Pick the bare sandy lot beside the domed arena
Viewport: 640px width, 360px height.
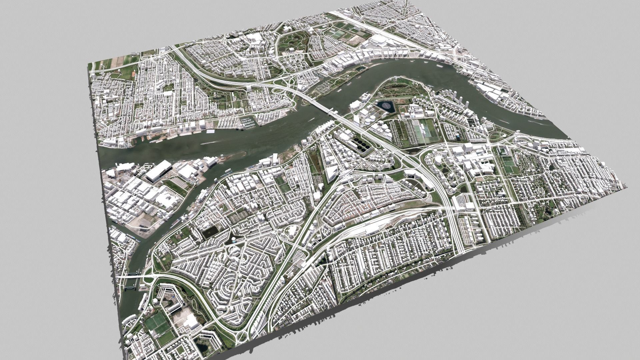point(355,40)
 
